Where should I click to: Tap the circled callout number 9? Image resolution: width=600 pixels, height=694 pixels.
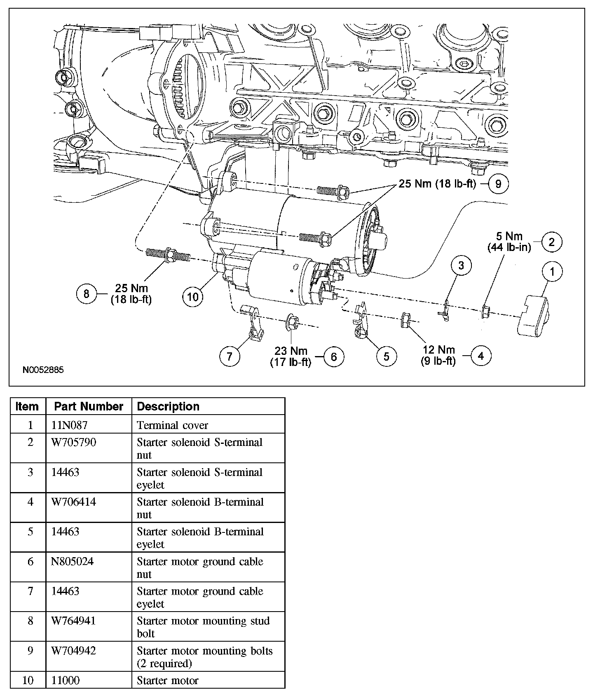[498, 184]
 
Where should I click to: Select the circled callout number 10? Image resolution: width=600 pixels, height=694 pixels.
[193, 296]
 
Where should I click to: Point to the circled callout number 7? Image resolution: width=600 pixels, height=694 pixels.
[230, 356]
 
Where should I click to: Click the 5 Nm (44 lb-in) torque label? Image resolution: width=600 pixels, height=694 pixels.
[509, 242]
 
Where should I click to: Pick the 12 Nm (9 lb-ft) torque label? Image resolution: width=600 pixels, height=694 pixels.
[438, 355]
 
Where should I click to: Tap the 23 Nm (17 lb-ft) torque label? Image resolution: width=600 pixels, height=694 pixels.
[291, 356]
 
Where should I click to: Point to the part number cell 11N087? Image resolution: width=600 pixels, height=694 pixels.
[69, 425]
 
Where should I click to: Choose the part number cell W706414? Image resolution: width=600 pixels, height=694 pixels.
[73, 502]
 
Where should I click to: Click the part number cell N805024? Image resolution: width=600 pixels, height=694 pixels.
[72, 561]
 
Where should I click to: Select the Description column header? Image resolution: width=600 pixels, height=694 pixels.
[168, 406]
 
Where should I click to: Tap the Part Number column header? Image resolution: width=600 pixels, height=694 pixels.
[89, 406]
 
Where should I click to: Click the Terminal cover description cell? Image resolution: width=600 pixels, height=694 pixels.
[172, 425]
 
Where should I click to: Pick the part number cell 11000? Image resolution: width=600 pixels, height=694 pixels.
[65, 680]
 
